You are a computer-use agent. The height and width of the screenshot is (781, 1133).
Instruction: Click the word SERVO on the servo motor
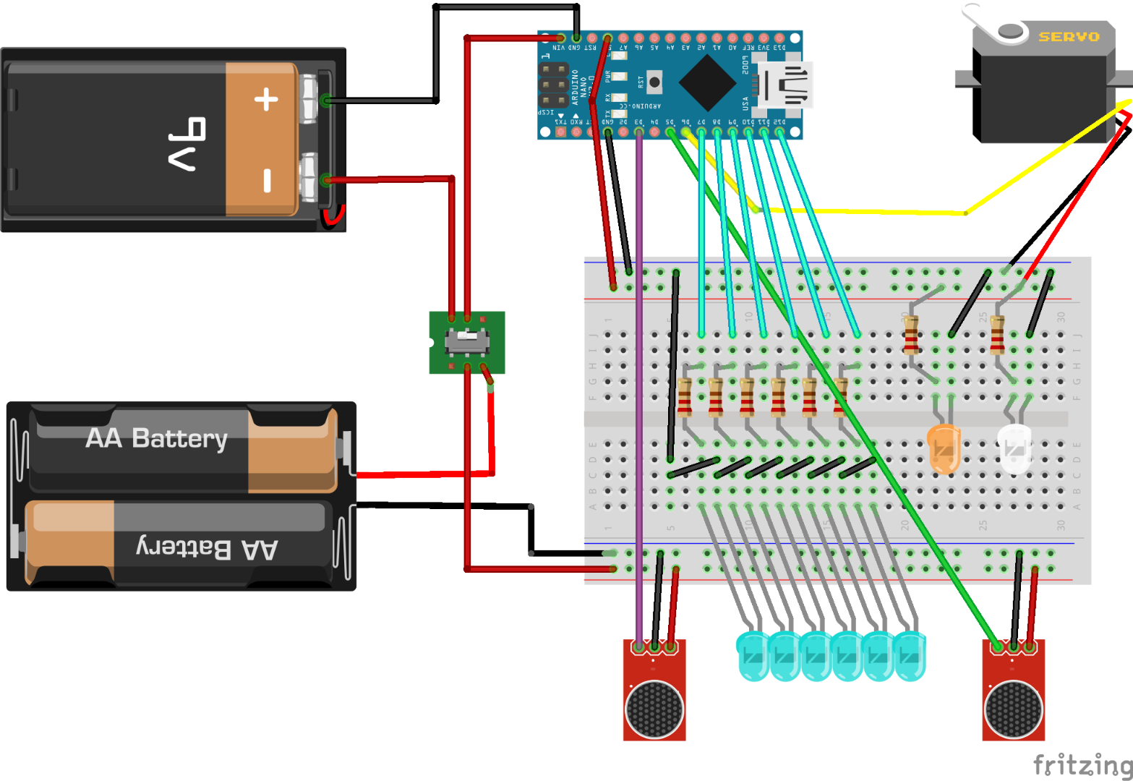pos(1069,37)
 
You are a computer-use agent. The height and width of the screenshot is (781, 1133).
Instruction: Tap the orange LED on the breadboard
pos(943,448)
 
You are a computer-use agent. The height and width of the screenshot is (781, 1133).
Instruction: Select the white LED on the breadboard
pos(1014,449)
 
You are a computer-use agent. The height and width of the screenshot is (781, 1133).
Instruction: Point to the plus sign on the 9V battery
pos(267,99)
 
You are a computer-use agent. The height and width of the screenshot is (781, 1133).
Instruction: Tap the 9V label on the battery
pos(187,142)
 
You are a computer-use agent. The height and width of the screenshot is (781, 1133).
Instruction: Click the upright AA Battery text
pos(156,438)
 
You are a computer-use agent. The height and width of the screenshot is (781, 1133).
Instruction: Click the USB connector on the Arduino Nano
pos(790,84)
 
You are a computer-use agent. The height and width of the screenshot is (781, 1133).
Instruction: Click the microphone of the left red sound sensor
pos(654,709)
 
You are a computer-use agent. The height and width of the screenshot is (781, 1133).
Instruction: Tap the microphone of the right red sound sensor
pos(1013,709)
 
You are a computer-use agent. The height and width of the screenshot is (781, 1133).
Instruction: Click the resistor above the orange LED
pos(911,334)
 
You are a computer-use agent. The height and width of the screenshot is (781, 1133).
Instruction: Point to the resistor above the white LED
pos(997,334)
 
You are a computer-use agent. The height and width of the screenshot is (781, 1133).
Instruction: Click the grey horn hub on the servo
pos(1010,30)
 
